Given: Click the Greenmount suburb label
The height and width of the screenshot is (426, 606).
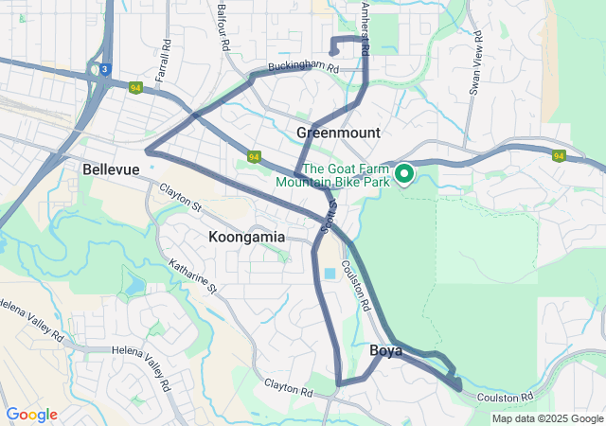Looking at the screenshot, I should (338, 133).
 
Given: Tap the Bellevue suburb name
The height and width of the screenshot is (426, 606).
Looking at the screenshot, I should (111, 169).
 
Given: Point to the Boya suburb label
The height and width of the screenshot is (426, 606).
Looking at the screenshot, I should (385, 351).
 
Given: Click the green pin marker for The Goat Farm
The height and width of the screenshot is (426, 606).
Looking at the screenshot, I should (404, 173).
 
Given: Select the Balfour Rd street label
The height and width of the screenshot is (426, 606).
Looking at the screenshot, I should (223, 27).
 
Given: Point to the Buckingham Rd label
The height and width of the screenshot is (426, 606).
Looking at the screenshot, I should (303, 67).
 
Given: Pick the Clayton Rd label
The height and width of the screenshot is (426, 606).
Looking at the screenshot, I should (288, 387).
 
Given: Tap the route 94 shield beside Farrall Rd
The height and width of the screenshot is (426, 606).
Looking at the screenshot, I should (135, 88).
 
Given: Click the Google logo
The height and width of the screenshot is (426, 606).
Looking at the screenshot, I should (31, 415).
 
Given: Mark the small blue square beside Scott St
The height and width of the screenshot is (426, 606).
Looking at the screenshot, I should (330, 274).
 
